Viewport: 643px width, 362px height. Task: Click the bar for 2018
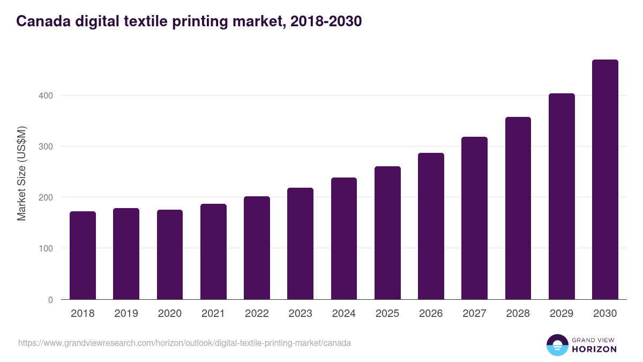[83, 255]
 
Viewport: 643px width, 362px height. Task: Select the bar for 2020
[170, 254]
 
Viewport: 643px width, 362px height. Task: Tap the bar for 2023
[300, 243]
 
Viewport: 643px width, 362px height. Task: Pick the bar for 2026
[431, 226]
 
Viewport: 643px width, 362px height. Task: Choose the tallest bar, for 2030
[605, 179]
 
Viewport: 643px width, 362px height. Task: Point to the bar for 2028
[518, 208]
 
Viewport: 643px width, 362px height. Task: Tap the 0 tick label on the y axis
[50, 300]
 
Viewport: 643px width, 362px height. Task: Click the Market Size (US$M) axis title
[21, 173]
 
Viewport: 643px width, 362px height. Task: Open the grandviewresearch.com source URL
[184, 343]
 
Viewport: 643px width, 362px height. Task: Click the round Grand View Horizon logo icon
[557, 345]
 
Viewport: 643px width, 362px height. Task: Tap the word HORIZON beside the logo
[594, 349]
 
